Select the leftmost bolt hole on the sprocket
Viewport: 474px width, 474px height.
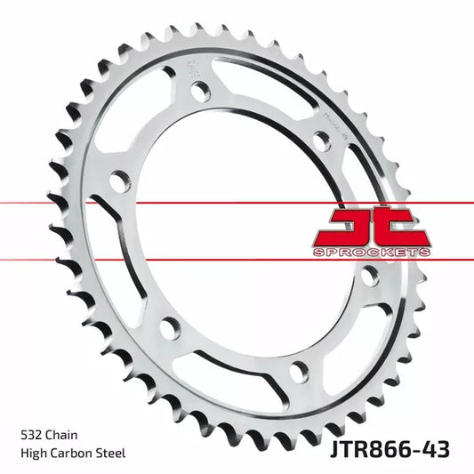coord(115,182)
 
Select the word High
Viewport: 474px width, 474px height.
coord(32,454)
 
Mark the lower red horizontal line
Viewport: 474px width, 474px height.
coord(53,260)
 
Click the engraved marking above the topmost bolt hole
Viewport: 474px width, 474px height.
coord(193,65)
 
